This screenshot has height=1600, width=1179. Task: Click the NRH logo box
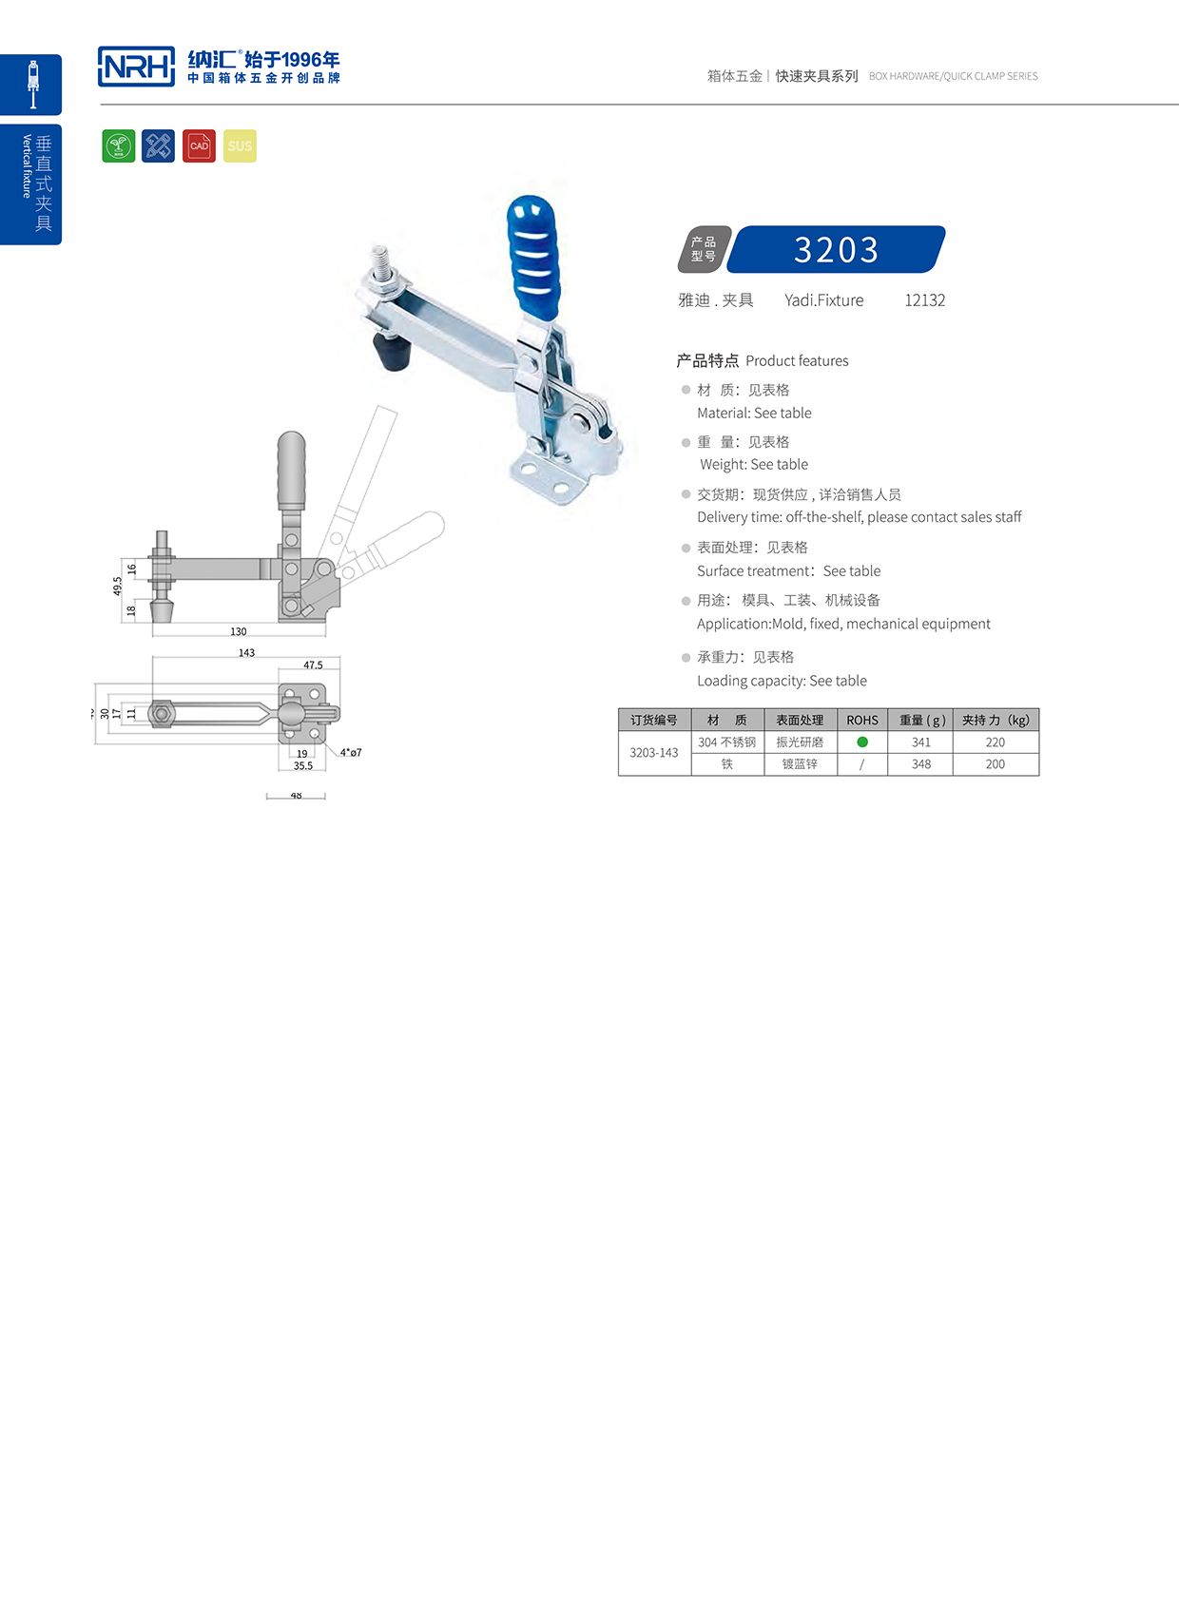coord(136,67)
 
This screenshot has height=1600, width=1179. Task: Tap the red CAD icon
coord(199,145)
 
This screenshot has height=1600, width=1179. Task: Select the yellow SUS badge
coord(240,145)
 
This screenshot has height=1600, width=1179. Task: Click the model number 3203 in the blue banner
coord(836,250)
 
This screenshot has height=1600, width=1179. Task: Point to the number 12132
coord(924,300)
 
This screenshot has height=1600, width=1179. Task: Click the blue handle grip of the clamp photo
coord(535,252)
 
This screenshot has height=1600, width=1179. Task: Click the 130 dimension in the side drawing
coord(239,631)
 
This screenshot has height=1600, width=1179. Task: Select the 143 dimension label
coord(246,652)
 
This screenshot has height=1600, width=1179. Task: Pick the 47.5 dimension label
coord(313,665)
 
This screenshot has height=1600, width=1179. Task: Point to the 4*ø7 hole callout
coord(351,752)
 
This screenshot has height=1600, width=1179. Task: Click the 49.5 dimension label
coord(118,586)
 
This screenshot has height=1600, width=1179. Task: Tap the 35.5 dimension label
coord(303,765)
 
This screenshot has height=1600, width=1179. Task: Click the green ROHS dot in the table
coord(862,742)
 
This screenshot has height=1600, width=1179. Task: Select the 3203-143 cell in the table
coord(654,752)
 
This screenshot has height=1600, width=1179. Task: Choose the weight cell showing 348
coord(920,763)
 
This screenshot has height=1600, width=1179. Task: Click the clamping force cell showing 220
coord(995,742)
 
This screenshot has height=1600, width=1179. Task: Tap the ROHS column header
coord(862,720)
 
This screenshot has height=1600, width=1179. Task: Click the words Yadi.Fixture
coord(823,300)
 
